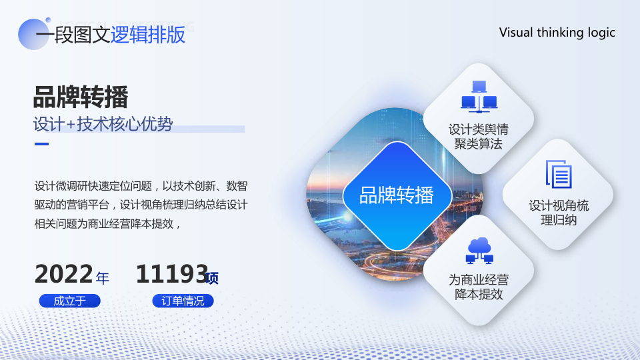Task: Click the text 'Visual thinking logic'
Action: [x=557, y=33]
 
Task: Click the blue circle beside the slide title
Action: [x=33, y=34]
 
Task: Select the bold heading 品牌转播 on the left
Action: [x=81, y=97]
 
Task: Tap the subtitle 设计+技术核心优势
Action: [x=103, y=124]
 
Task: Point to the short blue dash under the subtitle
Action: [x=41, y=144]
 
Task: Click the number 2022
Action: [x=64, y=274]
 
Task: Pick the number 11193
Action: [x=172, y=274]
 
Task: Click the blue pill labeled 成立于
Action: [x=70, y=301]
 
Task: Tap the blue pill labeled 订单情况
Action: [x=183, y=301]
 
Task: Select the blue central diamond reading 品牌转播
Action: [x=397, y=196]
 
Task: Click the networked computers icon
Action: [x=479, y=97]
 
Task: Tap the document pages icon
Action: [x=559, y=174]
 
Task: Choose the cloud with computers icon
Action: [x=479, y=250]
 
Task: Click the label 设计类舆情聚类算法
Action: [x=479, y=137]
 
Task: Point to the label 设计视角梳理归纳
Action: [x=559, y=213]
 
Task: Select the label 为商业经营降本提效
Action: [x=479, y=287]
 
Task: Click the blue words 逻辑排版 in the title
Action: [x=148, y=34]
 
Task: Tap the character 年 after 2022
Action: [x=103, y=278]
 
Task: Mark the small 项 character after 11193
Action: [x=212, y=278]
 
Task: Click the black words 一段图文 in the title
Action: [x=73, y=34]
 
